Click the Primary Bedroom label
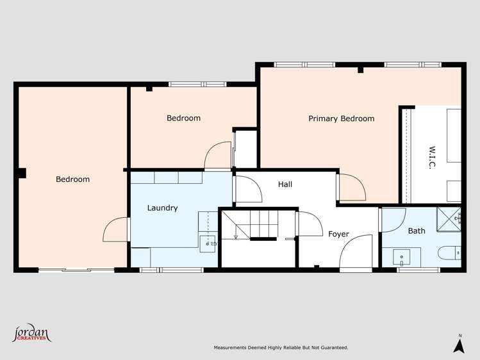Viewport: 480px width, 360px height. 341,119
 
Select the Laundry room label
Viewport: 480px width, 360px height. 162,208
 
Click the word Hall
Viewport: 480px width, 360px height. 285,184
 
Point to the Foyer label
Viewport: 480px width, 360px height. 338,234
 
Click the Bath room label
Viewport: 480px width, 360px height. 417,231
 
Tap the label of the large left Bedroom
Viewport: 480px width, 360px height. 72,179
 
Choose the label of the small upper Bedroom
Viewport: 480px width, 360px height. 183,118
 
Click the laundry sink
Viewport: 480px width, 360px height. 209,241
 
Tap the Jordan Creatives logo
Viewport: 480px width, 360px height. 31,334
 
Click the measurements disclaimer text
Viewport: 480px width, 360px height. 281,348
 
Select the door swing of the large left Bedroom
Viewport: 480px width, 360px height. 115,230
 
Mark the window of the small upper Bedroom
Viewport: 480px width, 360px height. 197,84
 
